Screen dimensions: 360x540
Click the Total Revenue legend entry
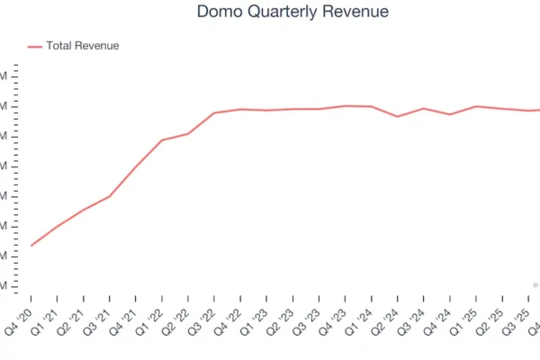(82, 46)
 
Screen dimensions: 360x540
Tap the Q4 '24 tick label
(440, 319)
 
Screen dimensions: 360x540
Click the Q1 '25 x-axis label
(466, 319)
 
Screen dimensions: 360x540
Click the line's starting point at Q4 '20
(31, 245)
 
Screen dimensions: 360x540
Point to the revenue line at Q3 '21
(110, 196)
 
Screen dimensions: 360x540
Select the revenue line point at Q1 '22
(162, 140)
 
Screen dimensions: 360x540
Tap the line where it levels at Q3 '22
(214, 112)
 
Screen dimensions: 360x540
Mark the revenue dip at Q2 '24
(398, 116)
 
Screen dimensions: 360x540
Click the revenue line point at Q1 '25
(476, 106)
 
